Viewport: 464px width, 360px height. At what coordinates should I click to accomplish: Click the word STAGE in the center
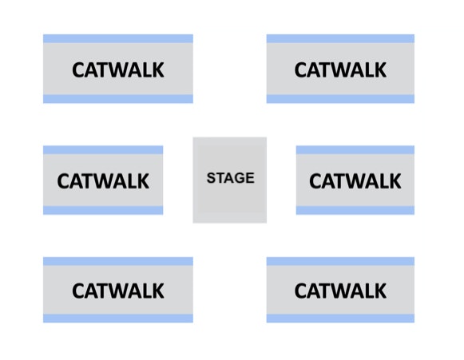pyautogui.click(x=231, y=178)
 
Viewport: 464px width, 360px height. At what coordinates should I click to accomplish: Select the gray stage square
pyautogui.click(x=230, y=180)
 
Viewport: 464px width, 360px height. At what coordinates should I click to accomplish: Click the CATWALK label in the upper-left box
pyautogui.click(x=118, y=70)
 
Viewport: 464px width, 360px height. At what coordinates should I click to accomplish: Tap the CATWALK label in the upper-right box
pyautogui.click(x=340, y=70)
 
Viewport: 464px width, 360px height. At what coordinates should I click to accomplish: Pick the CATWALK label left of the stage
pyautogui.click(x=103, y=181)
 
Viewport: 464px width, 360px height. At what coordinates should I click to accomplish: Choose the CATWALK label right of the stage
pyautogui.click(x=355, y=181)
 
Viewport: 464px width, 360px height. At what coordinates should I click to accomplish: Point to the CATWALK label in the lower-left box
pyautogui.click(x=118, y=291)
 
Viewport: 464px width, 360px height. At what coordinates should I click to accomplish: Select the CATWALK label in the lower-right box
pyautogui.click(x=340, y=291)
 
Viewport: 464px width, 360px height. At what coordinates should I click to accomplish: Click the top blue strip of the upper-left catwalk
pyautogui.click(x=118, y=39)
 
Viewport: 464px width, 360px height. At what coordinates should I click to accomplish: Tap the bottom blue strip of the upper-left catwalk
pyautogui.click(x=118, y=99)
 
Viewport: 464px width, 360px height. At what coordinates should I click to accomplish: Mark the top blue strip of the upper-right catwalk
pyautogui.click(x=340, y=39)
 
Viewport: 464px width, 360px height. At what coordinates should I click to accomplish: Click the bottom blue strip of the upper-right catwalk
pyautogui.click(x=340, y=99)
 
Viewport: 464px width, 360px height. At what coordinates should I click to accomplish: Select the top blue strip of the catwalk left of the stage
pyautogui.click(x=103, y=150)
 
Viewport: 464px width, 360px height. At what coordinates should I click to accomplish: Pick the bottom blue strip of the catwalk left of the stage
pyautogui.click(x=103, y=210)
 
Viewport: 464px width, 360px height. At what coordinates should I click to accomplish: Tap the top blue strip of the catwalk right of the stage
pyautogui.click(x=355, y=150)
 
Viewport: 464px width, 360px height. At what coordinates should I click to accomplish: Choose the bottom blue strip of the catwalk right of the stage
pyautogui.click(x=355, y=210)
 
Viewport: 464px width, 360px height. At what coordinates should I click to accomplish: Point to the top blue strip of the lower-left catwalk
pyautogui.click(x=118, y=262)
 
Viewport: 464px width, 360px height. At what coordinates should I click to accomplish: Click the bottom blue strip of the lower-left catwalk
pyautogui.click(x=118, y=318)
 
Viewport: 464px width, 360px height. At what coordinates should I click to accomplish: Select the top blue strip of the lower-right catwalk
pyautogui.click(x=340, y=262)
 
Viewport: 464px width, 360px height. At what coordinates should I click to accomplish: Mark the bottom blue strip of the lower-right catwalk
pyautogui.click(x=340, y=318)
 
